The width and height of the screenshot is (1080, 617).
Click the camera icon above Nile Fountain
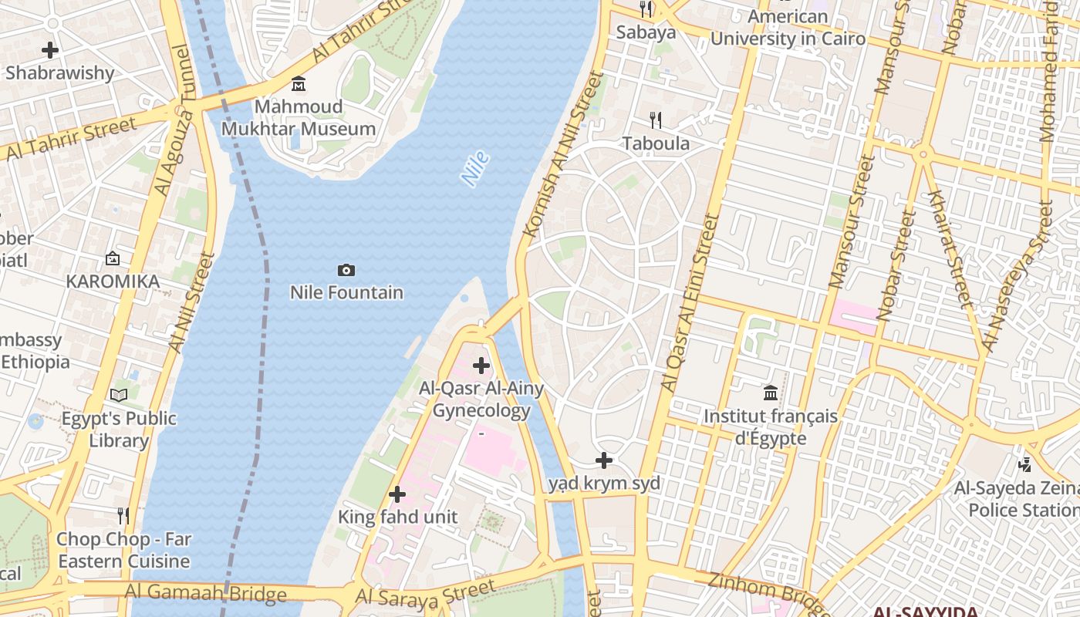(346, 270)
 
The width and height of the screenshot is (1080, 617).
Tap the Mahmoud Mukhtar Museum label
(299, 118)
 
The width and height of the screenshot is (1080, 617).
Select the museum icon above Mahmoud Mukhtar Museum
(299, 83)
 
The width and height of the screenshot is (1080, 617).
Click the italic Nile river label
(475, 169)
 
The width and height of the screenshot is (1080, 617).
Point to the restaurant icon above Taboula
(656, 120)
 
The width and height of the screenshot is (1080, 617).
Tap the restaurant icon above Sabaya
(646, 9)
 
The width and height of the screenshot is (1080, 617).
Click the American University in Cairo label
(788, 27)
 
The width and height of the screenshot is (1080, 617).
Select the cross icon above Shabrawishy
(50, 51)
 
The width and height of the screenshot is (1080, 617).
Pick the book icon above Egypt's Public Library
(119, 396)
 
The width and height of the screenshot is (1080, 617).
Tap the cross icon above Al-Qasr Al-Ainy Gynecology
(481, 366)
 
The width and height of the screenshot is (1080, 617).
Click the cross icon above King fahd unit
(397, 494)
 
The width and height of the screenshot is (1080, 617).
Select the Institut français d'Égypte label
(770, 427)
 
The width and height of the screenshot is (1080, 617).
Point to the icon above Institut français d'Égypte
(771, 393)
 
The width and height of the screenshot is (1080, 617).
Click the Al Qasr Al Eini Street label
(690, 301)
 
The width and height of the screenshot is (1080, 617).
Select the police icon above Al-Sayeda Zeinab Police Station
(1024, 464)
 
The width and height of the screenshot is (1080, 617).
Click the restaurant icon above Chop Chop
(123, 515)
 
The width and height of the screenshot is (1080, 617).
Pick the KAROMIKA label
(113, 282)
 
